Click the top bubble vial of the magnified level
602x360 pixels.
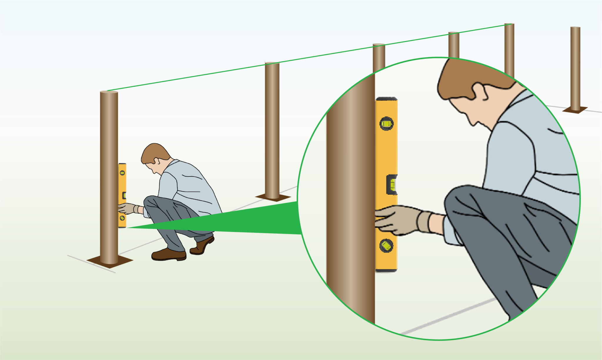[387, 124]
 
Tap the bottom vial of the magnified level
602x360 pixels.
[386, 245]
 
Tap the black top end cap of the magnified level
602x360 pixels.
[387, 99]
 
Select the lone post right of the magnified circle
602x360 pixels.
[575, 68]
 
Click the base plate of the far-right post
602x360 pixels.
[575, 110]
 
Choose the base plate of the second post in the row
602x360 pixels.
[273, 197]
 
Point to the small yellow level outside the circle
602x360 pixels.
[122, 195]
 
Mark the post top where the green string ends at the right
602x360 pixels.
[509, 25]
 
